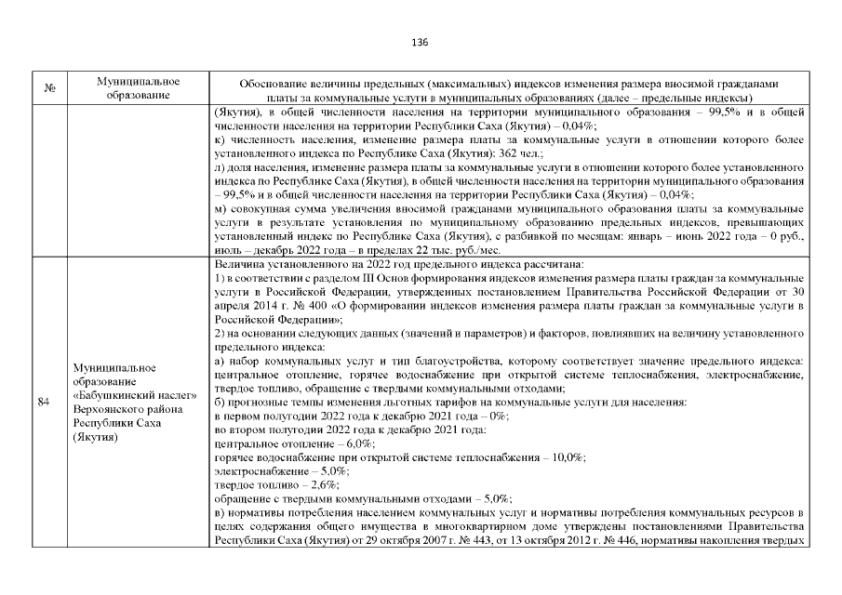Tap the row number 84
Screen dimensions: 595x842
(44, 403)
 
